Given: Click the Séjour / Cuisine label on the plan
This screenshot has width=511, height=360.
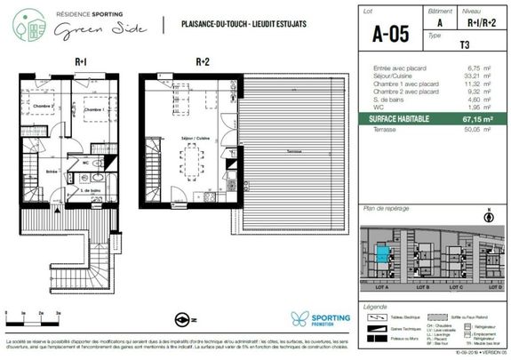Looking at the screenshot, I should coord(195,140).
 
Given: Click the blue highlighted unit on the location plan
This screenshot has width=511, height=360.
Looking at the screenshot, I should coord(381,254).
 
